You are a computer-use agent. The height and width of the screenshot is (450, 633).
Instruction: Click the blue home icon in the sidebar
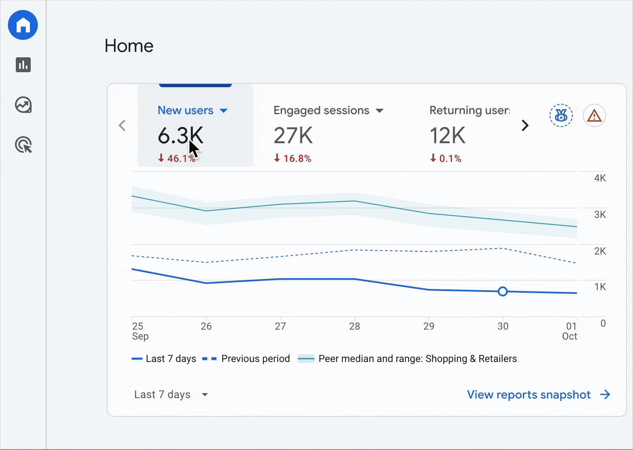23,25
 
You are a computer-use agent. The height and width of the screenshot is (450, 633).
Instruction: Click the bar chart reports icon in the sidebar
23,65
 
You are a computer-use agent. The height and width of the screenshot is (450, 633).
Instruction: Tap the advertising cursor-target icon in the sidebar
24,145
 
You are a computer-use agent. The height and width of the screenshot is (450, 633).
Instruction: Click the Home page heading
129,46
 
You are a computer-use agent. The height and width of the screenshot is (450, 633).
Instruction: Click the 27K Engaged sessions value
293,136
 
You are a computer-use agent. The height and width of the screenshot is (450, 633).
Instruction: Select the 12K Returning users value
447,136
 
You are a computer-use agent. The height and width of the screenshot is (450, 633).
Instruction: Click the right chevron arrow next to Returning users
525,125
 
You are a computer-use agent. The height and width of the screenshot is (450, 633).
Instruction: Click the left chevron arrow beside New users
122,125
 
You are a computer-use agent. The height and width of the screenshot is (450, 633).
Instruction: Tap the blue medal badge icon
561,115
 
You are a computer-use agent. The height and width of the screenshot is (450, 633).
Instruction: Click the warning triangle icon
594,115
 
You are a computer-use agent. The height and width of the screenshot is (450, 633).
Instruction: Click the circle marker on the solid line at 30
503,291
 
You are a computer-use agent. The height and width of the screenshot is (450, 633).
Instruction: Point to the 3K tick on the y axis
600,215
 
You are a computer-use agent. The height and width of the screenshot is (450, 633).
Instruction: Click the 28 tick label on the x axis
354,326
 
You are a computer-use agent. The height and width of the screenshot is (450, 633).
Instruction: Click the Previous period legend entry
246,359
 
